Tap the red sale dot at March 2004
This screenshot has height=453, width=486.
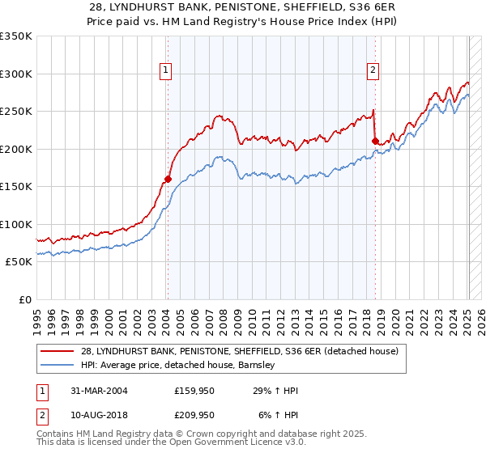(168, 179)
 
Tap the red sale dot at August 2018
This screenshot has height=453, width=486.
(375, 142)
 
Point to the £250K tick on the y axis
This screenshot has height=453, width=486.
(16, 112)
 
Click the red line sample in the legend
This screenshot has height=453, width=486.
(58, 352)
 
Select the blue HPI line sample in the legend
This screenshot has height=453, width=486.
(58, 366)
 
